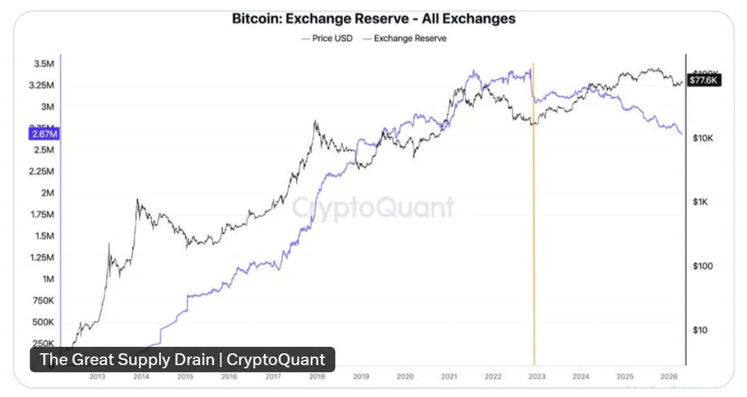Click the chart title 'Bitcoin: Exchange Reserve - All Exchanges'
click(373, 18)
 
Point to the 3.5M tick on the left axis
click(44, 64)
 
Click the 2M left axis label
click(46, 193)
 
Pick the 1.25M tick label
click(41, 257)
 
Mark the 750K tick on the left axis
click(43, 301)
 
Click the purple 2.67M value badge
click(44, 134)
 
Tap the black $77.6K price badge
click(704, 81)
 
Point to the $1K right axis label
click(701, 202)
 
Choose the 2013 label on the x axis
click(97, 376)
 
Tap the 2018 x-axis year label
click(317, 376)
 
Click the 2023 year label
click(536, 376)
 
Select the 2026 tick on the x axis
click(669, 376)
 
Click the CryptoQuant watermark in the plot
click(373, 208)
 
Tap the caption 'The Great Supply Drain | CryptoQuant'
click(183, 359)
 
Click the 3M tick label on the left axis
click(48, 107)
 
